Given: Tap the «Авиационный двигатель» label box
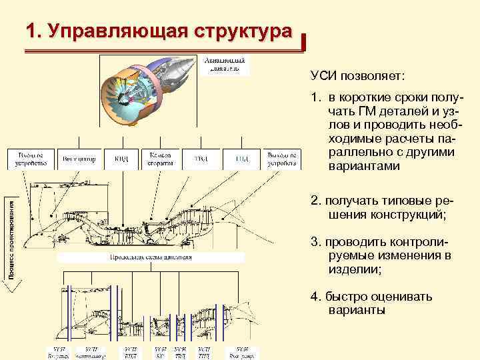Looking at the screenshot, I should [226, 65].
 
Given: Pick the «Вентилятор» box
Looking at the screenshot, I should [79, 159].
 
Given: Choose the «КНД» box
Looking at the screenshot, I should [121, 159].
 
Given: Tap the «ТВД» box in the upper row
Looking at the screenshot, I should [200, 159].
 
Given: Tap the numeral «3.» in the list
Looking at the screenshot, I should [315, 242].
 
